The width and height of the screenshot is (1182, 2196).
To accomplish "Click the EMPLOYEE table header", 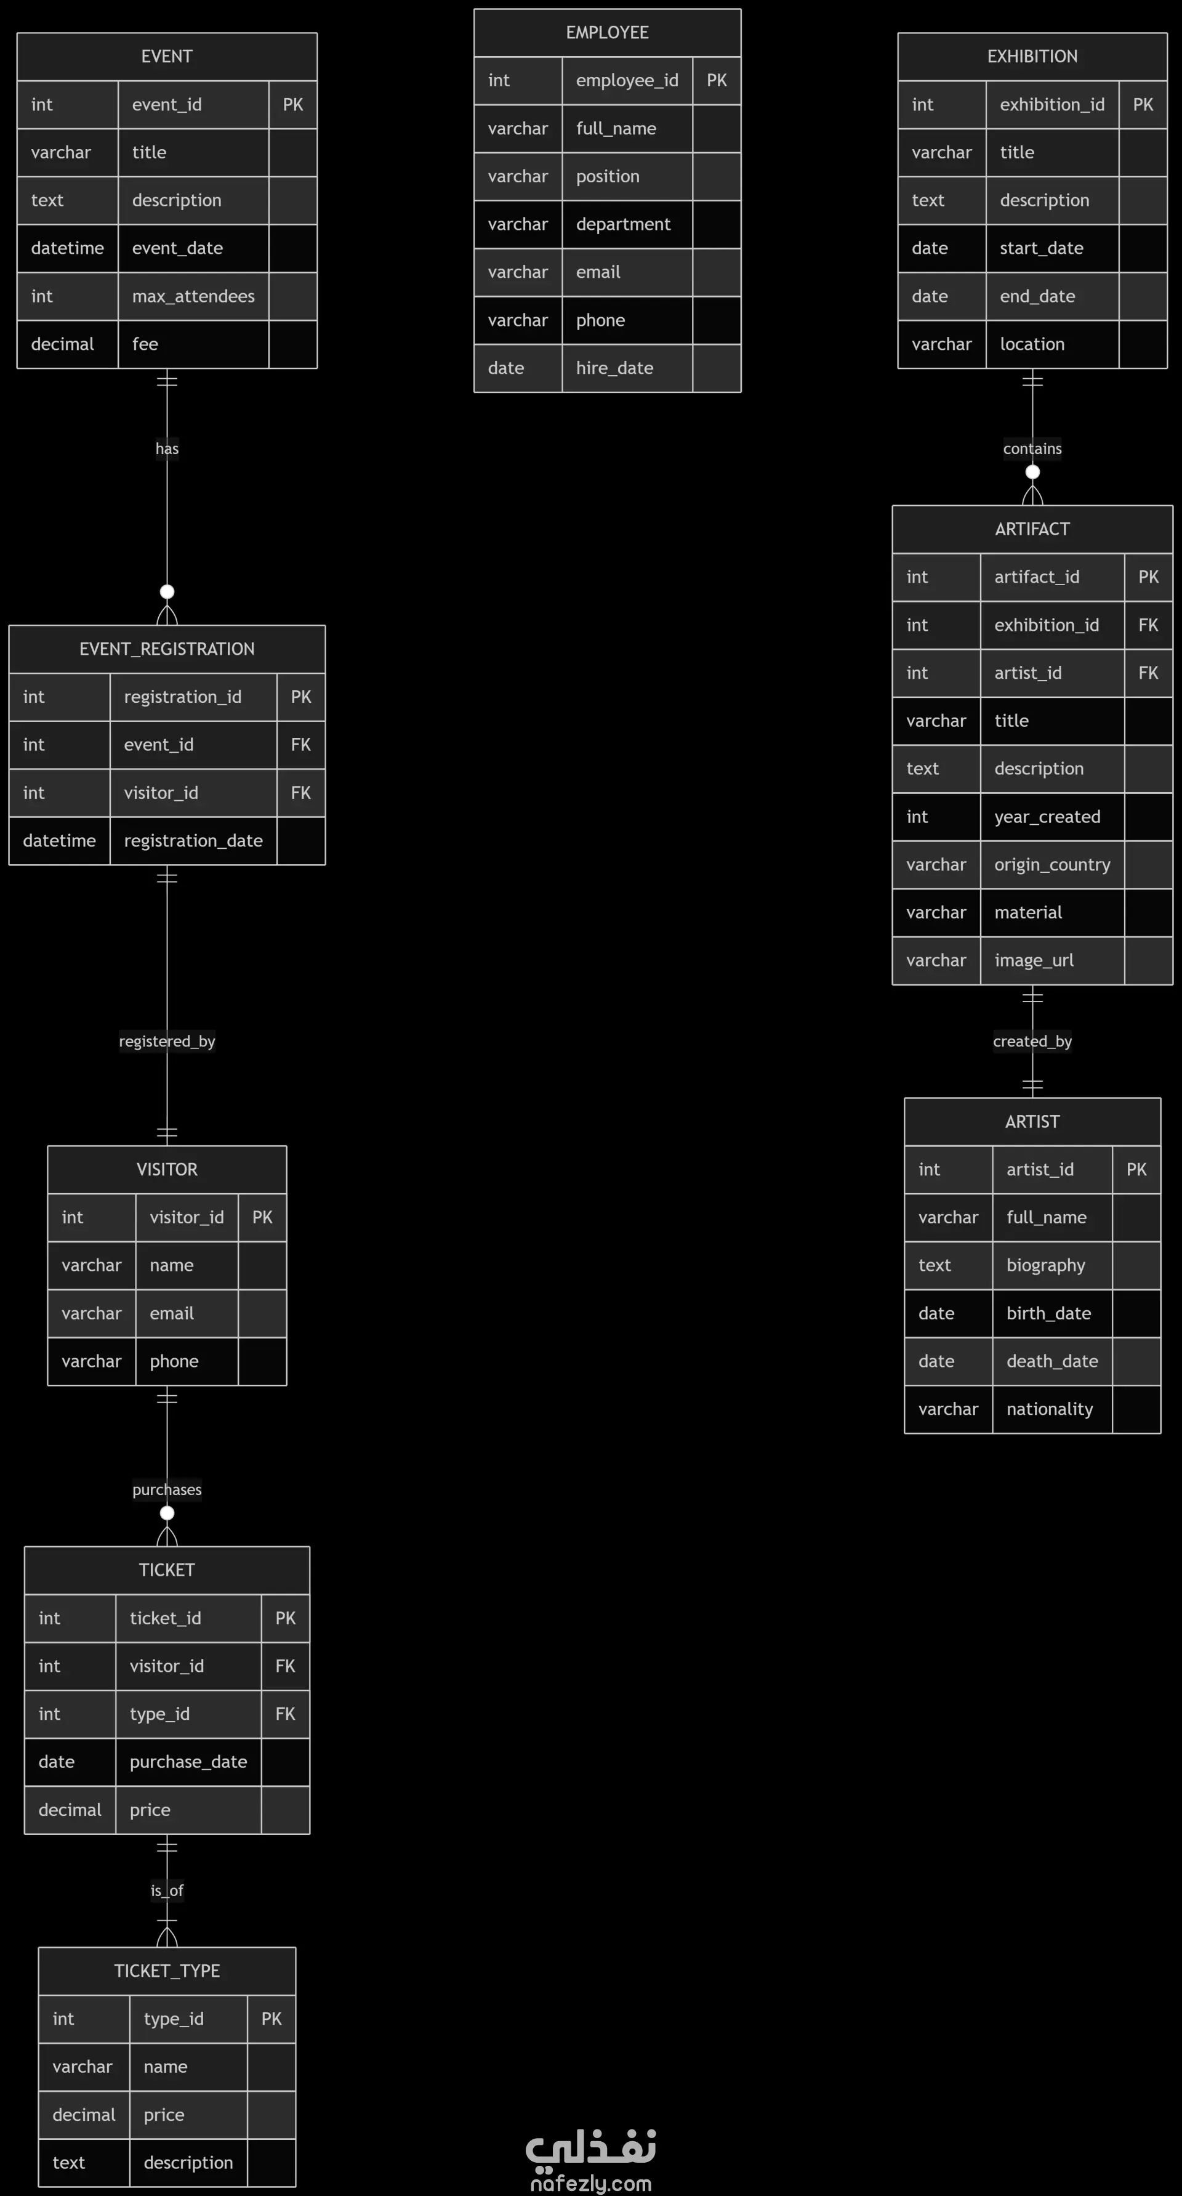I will (607, 33).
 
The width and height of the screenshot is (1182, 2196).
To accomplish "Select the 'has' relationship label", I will (167, 448).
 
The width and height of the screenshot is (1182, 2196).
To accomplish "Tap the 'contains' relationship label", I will (1032, 448).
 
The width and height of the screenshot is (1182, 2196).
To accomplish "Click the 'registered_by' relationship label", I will (167, 1041).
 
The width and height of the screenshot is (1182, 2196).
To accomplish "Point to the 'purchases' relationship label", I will (167, 1489).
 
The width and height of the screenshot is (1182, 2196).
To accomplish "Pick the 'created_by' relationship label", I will (1032, 1041).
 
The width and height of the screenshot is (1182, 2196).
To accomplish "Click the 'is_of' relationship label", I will (167, 1890).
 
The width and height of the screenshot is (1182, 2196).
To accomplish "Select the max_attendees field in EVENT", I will (193, 296).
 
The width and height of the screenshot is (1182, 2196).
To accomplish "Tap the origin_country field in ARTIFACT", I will (1051, 864).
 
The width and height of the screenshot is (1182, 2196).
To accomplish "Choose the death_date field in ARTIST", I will (1051, 1361).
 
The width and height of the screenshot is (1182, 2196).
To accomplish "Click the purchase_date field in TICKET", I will (188, 1761).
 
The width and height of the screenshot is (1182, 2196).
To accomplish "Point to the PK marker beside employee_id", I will (717, 80).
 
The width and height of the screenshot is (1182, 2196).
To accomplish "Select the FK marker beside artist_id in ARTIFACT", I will (1148, 673).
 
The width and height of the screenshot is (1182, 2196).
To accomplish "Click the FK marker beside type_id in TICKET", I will (284, 1714).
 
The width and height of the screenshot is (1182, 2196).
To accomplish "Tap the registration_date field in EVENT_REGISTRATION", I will (193, 841).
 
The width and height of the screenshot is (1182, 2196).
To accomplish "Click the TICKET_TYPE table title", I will (167, 1970).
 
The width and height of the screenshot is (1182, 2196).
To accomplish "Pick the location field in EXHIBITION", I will (1032, 344).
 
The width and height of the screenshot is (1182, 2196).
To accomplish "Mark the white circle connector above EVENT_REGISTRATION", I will (167, 591).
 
